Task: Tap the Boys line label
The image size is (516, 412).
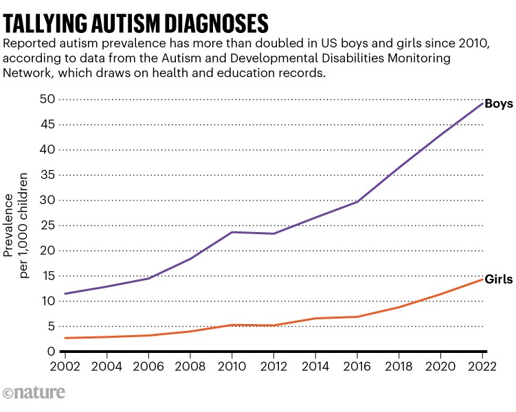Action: [498, 104]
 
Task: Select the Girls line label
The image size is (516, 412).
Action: [499, 280]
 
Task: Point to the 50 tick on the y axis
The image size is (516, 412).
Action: [47, 99]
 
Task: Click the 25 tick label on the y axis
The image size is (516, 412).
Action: [47, 225]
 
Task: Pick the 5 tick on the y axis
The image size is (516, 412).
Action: [51, 326]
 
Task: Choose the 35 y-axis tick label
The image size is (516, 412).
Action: [47, 174]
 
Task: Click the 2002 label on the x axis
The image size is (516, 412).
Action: [65, 366]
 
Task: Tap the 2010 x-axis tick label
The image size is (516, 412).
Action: [235, 366]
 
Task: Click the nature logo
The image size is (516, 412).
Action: [34, 393]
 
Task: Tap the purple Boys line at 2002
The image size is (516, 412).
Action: [65, 294]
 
